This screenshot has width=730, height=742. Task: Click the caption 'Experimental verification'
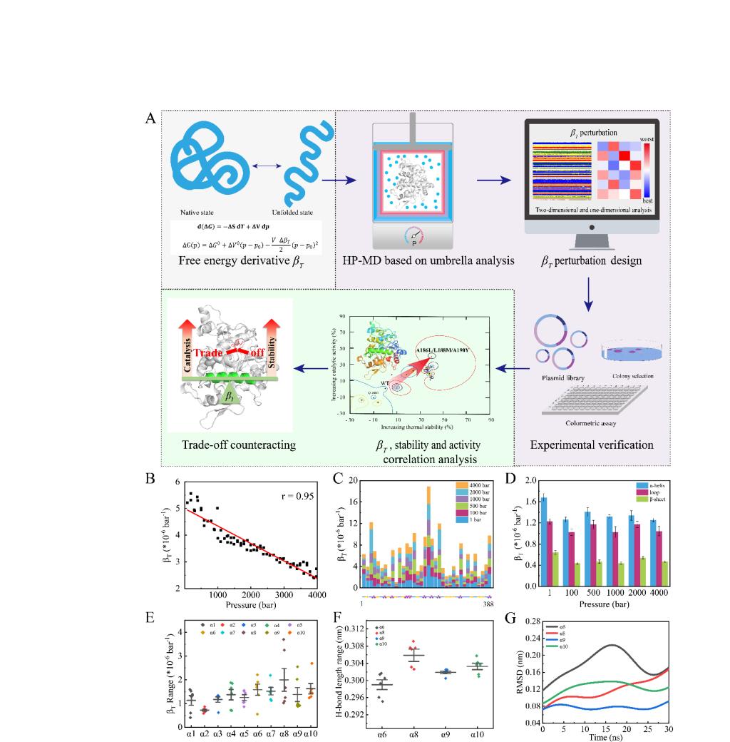(x=592, y=444)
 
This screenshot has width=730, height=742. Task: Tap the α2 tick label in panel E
(x=205, y=733)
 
